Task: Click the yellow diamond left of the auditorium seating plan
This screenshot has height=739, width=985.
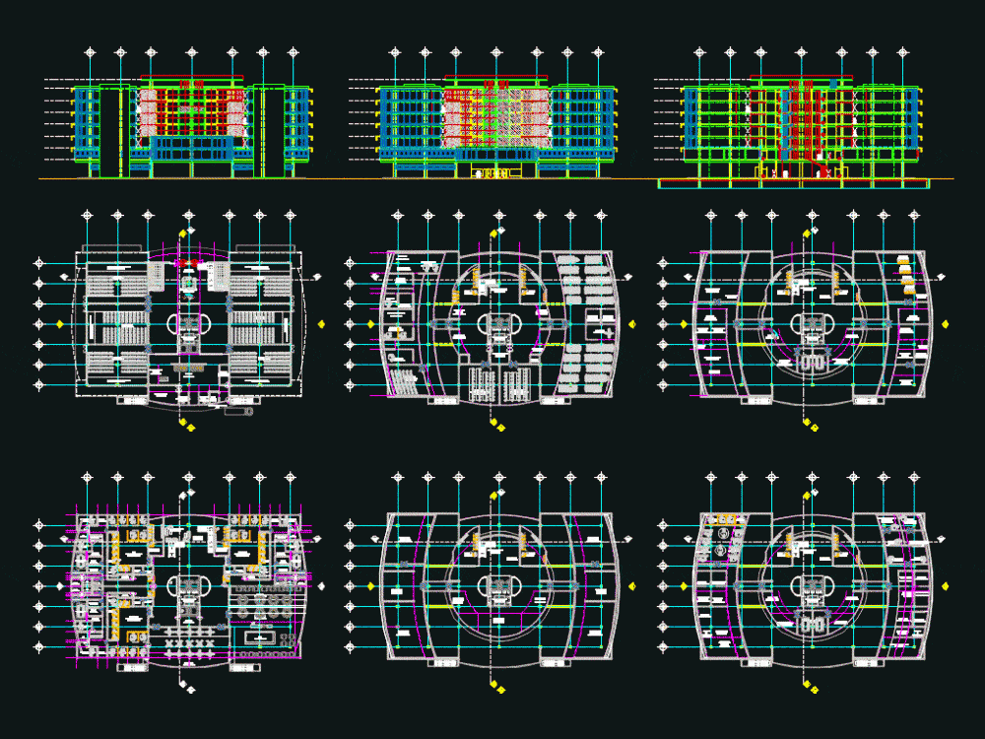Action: point(60,323)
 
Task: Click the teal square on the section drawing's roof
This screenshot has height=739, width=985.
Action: point(835,81)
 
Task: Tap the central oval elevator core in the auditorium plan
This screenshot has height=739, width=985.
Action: point(188,323)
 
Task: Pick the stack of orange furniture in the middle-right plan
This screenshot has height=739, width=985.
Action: point(907,276)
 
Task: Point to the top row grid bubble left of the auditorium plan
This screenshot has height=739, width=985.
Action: point(39,263)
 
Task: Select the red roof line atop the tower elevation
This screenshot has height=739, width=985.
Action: point(192,77)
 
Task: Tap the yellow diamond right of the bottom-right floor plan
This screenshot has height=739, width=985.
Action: point(946,587)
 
